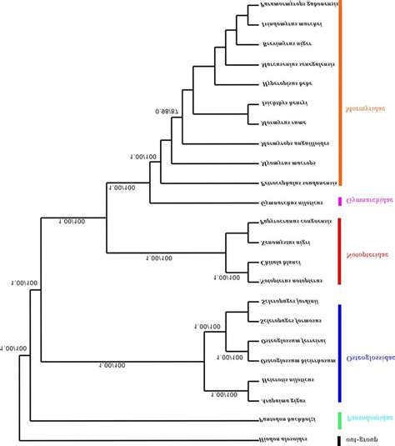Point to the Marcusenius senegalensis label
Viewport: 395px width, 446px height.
297,63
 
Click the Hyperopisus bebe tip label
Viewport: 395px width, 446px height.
287,83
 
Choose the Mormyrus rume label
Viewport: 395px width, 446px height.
284,123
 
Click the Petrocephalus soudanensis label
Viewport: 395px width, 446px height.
299,183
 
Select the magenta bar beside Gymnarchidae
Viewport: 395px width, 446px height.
340,201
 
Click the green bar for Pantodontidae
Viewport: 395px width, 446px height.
340,420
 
